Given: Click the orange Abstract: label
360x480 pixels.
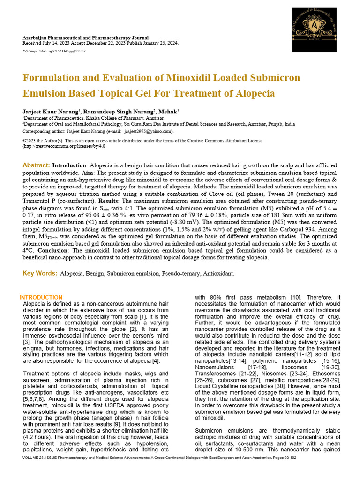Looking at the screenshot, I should coord(36,166).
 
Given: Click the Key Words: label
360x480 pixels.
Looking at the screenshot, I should coord(39,273).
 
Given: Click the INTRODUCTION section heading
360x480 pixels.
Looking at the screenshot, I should coord(41,298).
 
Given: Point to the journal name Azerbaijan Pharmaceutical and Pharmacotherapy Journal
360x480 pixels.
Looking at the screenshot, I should coord(86,38).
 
